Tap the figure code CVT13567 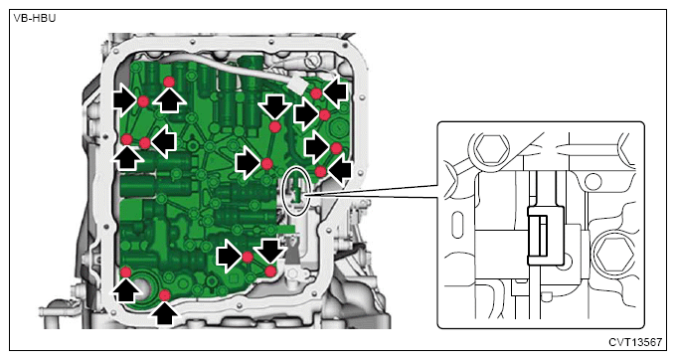(635, 342)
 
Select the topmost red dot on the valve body (169, 82)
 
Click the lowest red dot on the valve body (165, 295)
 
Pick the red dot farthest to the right (336, 148)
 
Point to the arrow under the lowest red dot (164, 314)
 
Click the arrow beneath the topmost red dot (169, 100)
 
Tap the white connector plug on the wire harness (297, 85)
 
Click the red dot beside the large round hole (125, 272)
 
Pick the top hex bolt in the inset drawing (491, 148)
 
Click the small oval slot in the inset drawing (457, 224)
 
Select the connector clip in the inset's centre (546, 235)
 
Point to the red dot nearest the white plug (316, 93)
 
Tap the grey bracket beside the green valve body (292, 253)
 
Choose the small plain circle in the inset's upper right (592, 182)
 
